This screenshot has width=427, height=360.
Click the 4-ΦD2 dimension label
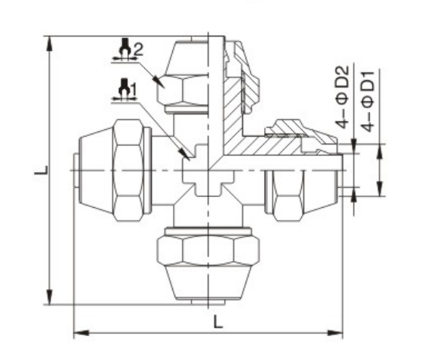pos(344,97)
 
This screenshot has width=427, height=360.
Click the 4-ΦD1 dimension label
pos(368,101)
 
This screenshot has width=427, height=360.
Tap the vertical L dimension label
pos(41,170)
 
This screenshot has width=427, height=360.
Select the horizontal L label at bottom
pos(218,322)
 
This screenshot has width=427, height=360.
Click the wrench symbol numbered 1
pos(124,89)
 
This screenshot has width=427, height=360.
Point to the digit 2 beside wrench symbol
pos(138,50)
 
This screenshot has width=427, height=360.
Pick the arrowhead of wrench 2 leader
pos(159,82)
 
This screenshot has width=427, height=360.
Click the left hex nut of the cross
pos(128,170)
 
